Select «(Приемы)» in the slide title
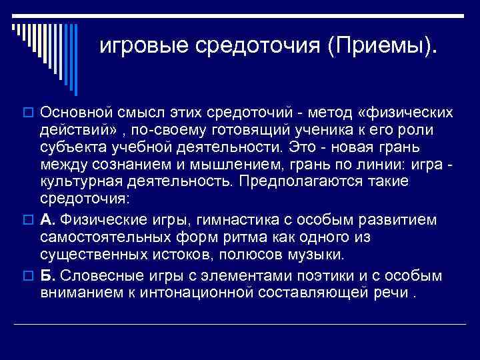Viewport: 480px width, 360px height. point(383,46)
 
